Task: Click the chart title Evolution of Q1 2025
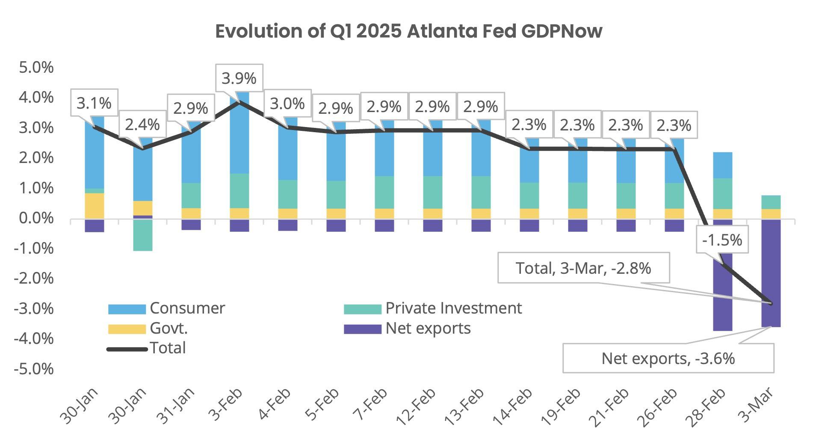(408, 31)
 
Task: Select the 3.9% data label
(239, 78)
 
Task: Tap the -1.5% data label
(722, 240)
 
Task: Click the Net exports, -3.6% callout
(668, 358)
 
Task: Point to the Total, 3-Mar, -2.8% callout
(583, 268)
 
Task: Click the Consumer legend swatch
(127, 309)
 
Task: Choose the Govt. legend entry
(169, 328)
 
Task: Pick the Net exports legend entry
(428, 328)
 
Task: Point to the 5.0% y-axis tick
(36, 68)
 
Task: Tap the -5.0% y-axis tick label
(34, 369)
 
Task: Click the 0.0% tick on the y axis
(36, 218)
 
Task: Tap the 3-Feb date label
(225, 405)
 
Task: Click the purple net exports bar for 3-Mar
(771, 274)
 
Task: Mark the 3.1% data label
(94, 103)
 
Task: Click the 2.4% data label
(142, 124)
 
